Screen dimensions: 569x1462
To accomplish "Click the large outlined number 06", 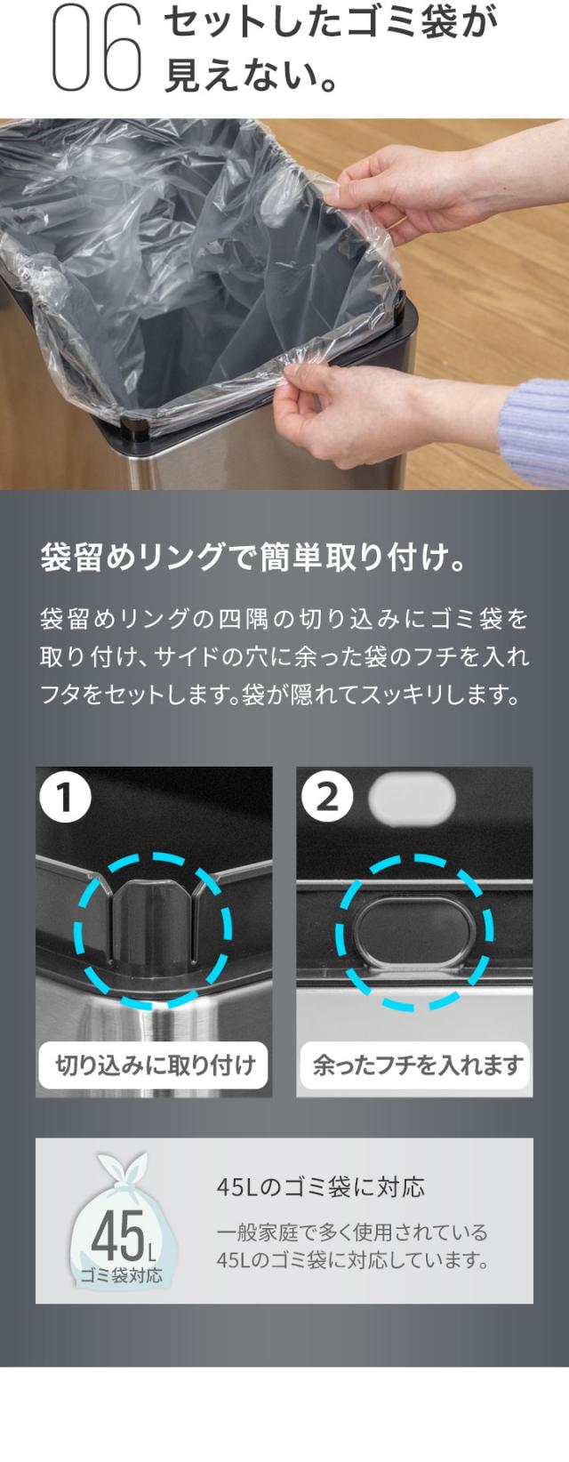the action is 97,48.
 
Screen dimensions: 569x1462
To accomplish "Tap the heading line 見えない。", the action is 252,75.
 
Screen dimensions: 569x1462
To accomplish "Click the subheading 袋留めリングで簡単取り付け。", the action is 254,558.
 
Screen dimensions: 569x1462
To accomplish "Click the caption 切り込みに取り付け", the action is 155,1065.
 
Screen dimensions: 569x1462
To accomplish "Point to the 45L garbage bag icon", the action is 124,1220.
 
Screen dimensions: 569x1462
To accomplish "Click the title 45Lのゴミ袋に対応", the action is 320,1187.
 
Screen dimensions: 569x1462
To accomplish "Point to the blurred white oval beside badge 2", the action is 412,798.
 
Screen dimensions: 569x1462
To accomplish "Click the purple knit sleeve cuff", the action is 535,433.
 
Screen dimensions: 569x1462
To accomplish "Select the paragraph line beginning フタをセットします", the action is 280,695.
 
